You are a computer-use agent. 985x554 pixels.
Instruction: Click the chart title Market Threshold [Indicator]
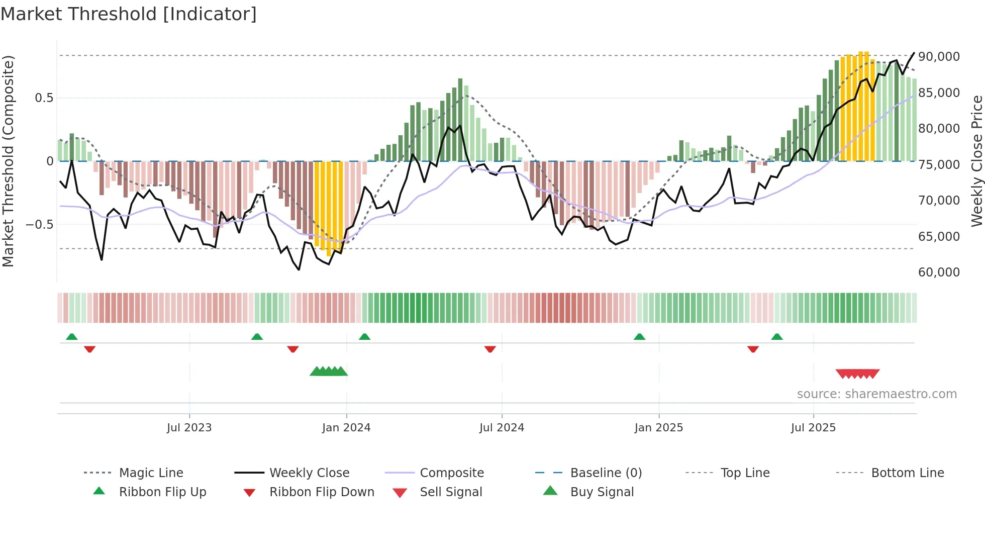pos(129,14)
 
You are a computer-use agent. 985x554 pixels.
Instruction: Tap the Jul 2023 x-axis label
pos(189,428)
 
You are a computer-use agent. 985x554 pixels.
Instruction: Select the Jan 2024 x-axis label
pos(346,428)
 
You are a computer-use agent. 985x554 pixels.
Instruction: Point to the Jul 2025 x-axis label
pos(813,428)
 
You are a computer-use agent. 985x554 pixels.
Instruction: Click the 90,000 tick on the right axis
pos(939,57)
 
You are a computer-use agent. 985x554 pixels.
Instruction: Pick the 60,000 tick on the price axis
pos(939,272)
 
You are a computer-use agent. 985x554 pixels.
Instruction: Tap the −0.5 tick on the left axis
pos(40,225)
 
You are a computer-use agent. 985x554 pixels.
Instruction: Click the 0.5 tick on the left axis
pos(44,98)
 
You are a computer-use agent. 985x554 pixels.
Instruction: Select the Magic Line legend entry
pos(151,473)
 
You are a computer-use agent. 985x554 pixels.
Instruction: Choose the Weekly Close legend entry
pos(309,473)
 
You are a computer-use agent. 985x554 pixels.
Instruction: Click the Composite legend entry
pos(452,473)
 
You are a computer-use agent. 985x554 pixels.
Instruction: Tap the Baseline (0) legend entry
pos(606,473)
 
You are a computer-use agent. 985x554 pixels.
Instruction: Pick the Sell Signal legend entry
pos(451,492)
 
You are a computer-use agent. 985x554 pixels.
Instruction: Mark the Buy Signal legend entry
pos(602,492)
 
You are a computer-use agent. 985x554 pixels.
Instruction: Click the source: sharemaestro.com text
pos(876,394)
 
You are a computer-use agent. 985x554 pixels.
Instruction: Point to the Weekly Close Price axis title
pos(976,161)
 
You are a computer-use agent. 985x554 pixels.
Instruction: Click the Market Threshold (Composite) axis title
pos(8,161)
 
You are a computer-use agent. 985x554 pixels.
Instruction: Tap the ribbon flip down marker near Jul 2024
pos(490,349)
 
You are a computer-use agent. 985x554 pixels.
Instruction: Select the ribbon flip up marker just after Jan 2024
pos(365,337)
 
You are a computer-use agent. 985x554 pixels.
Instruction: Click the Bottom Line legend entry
pos(907,473)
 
